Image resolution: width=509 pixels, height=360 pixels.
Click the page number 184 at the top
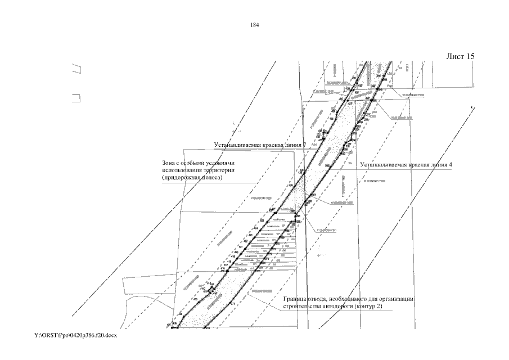pos(254,25)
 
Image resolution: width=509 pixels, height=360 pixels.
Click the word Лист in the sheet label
pos(454,57)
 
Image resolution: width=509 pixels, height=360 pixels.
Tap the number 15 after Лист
pos(470,57)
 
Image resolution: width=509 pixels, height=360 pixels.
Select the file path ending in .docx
pos(75,335)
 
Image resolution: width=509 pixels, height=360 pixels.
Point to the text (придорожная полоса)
pos(192,178)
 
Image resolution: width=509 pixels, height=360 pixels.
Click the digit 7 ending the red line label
pos(304,145)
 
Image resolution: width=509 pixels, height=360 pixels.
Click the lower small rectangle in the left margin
pos(76,98)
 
